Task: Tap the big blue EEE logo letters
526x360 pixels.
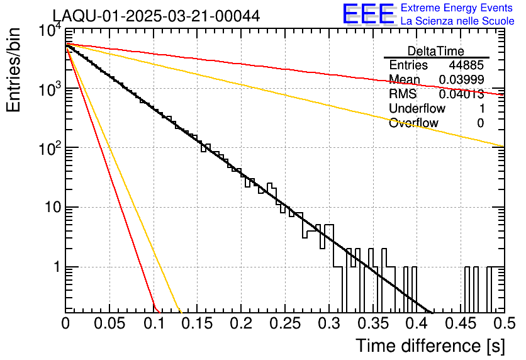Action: pyautogui.click(x=368, y=14)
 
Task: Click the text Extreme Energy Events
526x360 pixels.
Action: pyautogui.click(x=457, y=8)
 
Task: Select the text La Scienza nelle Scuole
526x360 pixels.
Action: pyautogui.click(x=457, y=21)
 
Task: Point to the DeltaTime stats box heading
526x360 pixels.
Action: pyautogui.click(x=436, y=50)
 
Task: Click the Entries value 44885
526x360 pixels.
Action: pyautogui.click(x=466, y=65)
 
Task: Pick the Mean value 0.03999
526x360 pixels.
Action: pyautogui.click(x=461, y=79)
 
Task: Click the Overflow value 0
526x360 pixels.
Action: pyautogui.click(x=481, y=123)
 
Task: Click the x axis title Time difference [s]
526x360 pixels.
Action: pyautogui.click(x=429, y=346)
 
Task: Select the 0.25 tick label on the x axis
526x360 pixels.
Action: pyautogui.click(x=284, y=324)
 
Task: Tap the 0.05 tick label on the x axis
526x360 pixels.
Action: pyautogui.click(x=109, y=324)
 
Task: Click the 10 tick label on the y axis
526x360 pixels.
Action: pyautogui.click(x=50, y=208)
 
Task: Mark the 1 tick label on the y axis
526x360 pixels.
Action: pyautogui.click(x=55, y=267)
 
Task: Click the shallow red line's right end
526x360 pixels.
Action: pyautogui.click(x=503, y=95)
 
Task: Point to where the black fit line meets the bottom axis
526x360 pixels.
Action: pyautogui.click(x=432, y=312)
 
